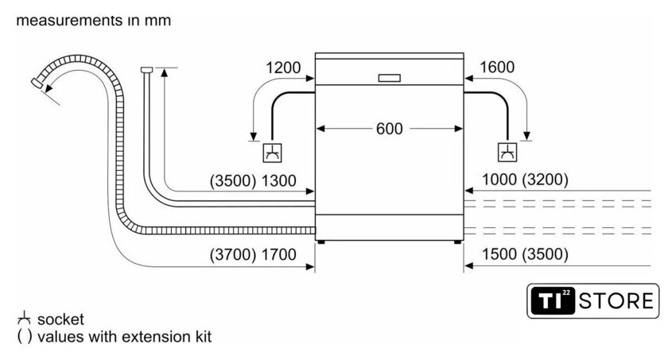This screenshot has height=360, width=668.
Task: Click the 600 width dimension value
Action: [x=390, y=128]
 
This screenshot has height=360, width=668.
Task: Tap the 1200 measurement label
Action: [x=283, y=68]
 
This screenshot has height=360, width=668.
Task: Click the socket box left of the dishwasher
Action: [x=272, y=152]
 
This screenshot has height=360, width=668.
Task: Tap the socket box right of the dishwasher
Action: [x=507, y=152]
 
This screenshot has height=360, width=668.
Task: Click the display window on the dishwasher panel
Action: [x=390, y=78]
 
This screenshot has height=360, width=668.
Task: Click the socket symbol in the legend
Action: [x=23, y=319]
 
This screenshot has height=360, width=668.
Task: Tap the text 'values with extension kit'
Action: [x=124, y=337]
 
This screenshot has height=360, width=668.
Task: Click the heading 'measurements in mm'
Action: [x=92, y=20]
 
